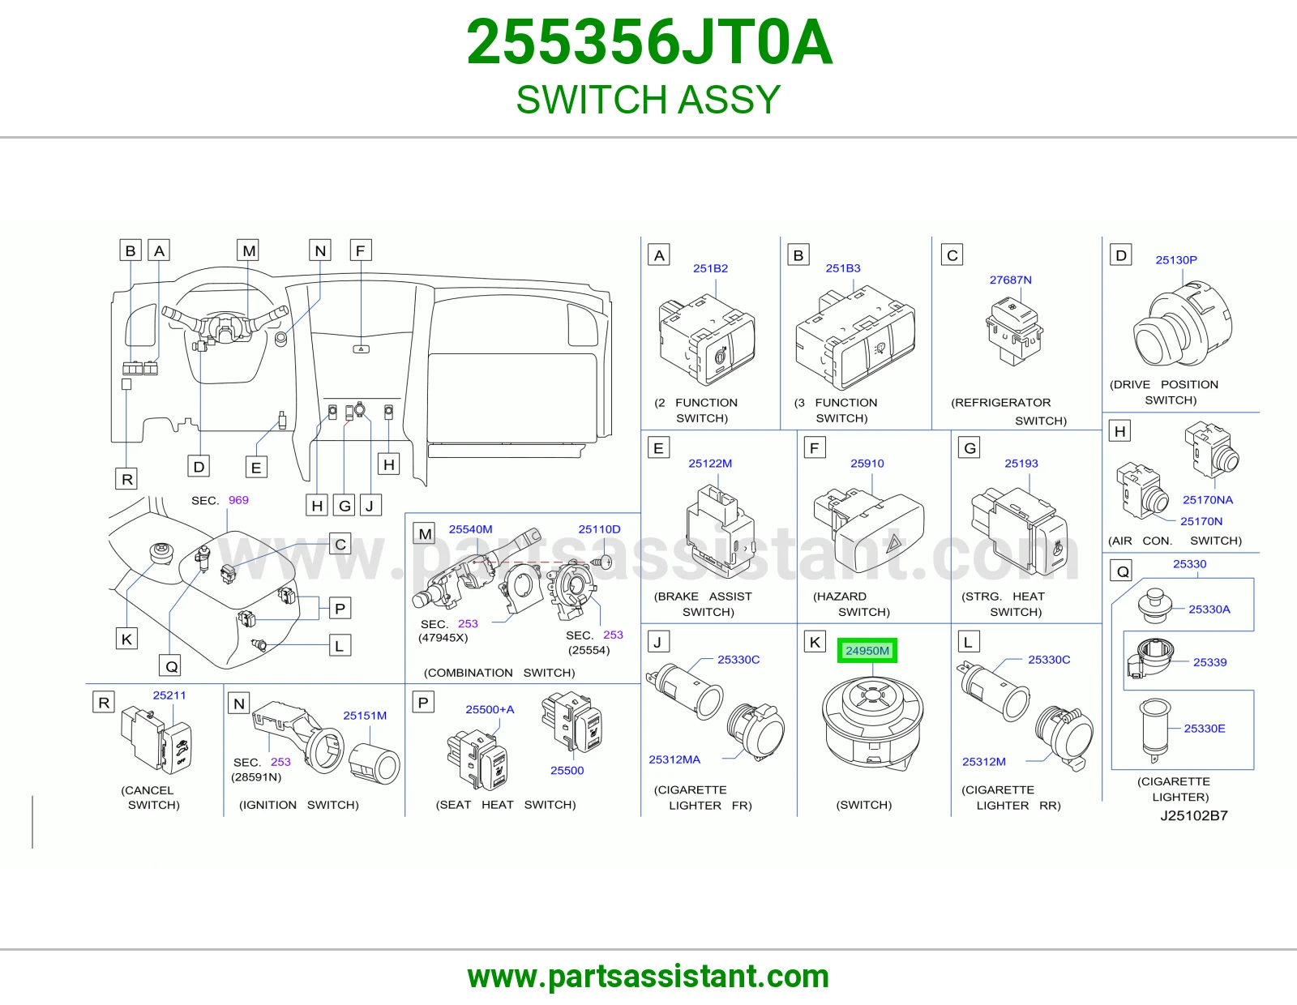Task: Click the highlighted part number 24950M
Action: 867,651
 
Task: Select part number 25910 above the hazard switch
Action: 867,463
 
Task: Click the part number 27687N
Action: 1010,280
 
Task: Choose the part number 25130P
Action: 1176,260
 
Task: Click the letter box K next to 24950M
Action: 815,642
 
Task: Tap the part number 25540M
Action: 470,529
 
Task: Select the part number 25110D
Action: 599,529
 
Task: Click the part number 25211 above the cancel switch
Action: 169,695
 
